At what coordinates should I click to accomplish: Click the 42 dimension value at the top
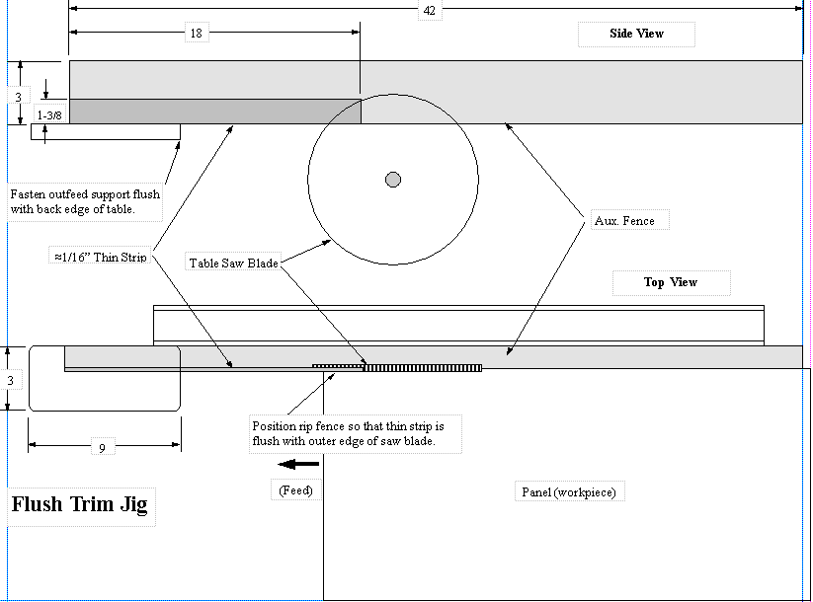(x=429, y=11)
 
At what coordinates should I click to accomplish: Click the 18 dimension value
(x=196, y=34)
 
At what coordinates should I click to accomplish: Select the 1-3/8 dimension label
(x=49, y=115)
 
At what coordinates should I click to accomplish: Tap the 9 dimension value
(x=102, y=448)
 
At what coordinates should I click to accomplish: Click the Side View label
(x=636, y=34)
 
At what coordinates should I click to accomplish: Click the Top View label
(x=671, y=282)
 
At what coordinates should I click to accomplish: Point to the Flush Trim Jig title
(x=79, y=505)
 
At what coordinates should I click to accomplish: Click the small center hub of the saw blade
(x=393, y=179)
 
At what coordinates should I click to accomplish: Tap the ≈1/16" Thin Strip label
(x=101, y=257)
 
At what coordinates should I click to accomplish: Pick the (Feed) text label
(x=295, y=490)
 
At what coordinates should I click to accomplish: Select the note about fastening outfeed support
(x=85, y=201)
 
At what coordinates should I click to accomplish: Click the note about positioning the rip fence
(x=356, y=434)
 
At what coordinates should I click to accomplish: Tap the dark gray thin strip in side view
(x=212, y=111)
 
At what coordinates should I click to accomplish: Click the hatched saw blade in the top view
(x=422, y=368)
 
